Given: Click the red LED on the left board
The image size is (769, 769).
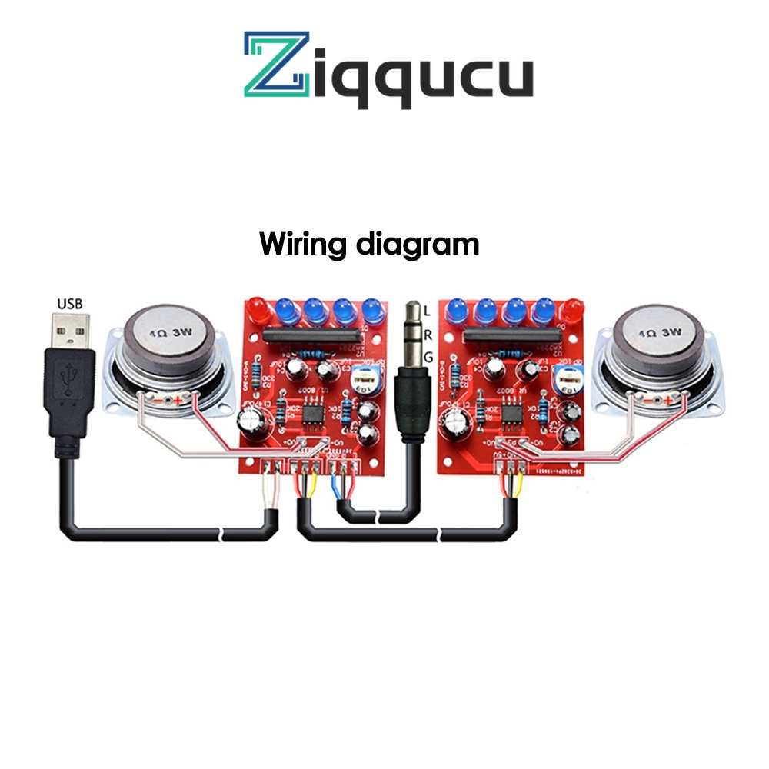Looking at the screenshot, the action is tap(258, 311).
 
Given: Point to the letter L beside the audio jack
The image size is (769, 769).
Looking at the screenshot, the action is tap(428, 311).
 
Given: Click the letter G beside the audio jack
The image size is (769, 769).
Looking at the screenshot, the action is tap(428, 357).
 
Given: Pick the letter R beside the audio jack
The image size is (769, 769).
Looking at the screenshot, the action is tap(428, 335).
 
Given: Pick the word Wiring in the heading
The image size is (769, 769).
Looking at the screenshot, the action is tap(303, 245).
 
